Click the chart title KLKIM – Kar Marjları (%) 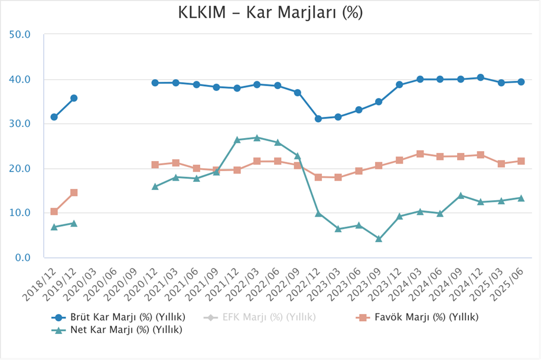pos(270,13)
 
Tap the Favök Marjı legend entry pos(418,317)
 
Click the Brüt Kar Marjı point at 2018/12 pos(54,117)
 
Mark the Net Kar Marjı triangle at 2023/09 pos(379,239)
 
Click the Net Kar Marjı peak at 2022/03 pos(256,138)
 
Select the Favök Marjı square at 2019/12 pos(74,192)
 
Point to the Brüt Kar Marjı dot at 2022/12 pos(318,119)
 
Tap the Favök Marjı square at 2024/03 pos(420,153)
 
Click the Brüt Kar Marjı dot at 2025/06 pos(521,82)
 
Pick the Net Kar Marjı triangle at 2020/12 pos(155,186)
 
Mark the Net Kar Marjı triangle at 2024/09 pos(461,195)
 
